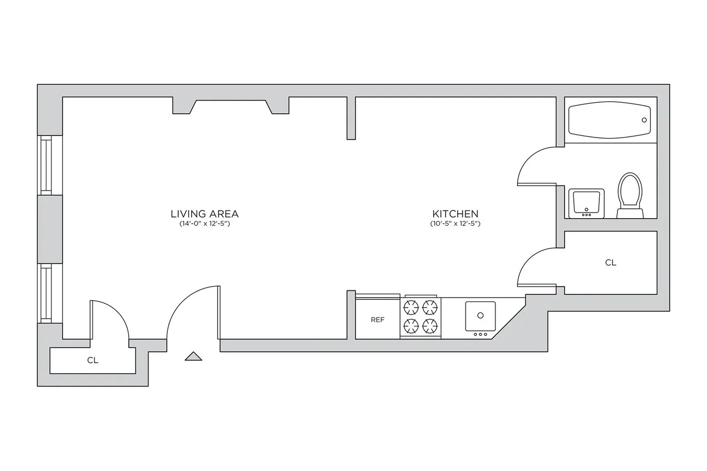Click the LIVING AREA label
tap(204, 214)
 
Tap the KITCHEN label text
tap(455, 214)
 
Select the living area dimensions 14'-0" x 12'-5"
tap(204, 224)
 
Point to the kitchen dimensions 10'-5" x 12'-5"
tap(455, 224)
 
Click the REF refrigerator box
tap(377, 319)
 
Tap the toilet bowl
tap(630, 192)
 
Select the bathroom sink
tap(586, 203)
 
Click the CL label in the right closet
tap(610, 263)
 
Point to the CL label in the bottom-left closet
tap(92, 361)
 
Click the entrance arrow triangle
tap(193, 356)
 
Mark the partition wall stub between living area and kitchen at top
tap(351, 118)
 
